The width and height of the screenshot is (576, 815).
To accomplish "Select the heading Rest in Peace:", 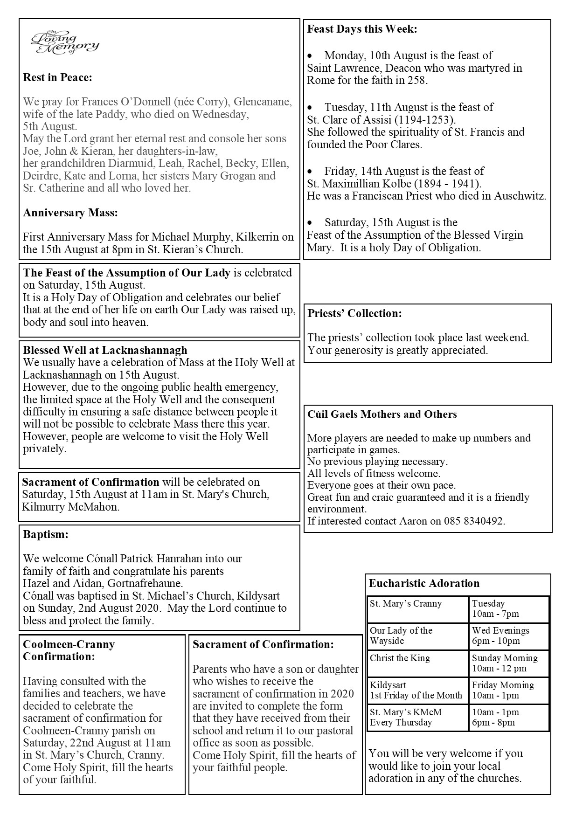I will pos(57,77).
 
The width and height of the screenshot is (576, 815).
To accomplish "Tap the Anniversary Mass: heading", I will pos(70,213).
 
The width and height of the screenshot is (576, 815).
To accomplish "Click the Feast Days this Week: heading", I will pos(362,29).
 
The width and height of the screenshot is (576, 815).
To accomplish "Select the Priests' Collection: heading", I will pos(354,313).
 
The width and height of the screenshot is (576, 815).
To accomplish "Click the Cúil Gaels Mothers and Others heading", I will pos(382,414).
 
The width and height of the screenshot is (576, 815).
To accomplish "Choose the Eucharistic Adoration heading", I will pos(424,583).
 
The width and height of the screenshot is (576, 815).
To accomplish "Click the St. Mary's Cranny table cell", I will pos(406,604).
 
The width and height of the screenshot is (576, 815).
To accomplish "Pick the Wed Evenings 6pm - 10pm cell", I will pos(500,635).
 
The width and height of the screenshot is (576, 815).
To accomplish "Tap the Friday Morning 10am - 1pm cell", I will pos(503,690).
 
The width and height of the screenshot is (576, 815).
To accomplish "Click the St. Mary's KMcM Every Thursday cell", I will pos(406,717).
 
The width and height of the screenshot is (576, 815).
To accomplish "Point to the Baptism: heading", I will pos(46,534).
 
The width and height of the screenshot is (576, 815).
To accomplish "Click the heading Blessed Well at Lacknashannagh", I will pos(105,350).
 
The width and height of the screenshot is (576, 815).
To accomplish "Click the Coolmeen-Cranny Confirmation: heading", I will pos(69,650).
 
